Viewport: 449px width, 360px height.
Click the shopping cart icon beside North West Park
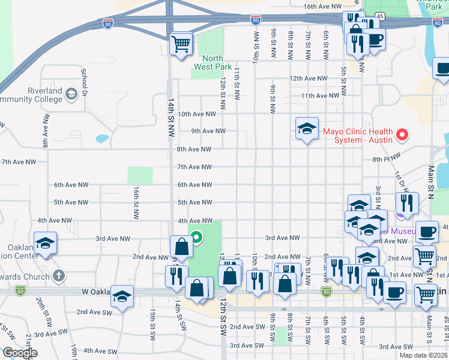coord(181,43)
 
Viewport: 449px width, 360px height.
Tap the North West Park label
coord(208,62)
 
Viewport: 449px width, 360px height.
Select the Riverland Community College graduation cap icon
coord(71,94)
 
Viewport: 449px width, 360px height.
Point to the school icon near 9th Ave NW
coord(307,128)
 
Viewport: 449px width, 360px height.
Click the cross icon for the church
coord(58,276)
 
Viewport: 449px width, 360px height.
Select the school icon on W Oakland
coord(122,296)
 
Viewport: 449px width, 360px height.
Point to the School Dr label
coord(84,81)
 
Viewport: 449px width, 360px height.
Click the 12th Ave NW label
coord(309,79)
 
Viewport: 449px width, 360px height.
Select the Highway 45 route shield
coord(380,15)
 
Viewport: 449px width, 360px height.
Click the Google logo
coord(19,353)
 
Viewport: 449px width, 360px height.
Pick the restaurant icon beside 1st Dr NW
coord(406,203)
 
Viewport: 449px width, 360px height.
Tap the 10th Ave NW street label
coord(196,113)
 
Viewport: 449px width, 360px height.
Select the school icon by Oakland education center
coord(45,243)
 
